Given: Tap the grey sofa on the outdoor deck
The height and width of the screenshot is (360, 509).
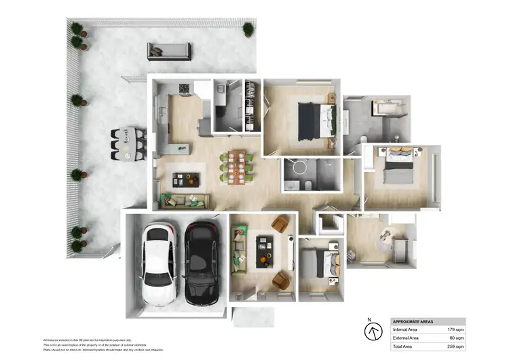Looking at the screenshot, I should tap(168, 51).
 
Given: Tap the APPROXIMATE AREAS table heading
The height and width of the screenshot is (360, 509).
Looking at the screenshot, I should tap(415, 321).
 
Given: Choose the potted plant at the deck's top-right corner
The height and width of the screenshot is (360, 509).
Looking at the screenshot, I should tap(248, 29).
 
